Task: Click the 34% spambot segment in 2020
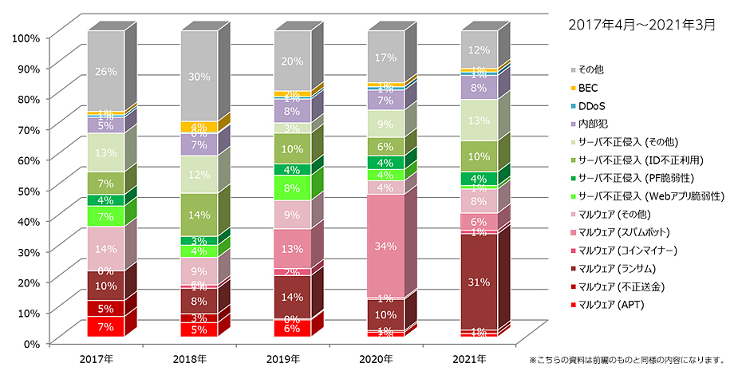pyautogui.click(x=385, y=247)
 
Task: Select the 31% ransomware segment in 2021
pyautogui.click(x=479, y=282)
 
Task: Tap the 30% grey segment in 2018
pyautogui.click(x=199, y=77)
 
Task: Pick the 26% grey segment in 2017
pyautogui.click(x=106, y=71)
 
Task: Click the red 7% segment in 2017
pyautogui.click(x=106, y=327)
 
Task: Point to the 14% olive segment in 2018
pyautogui.click(x=199, y=215)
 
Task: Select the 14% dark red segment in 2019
pyautogui.click(x=293, y=297)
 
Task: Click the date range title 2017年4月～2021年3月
pyautogui.click(x=641, y=24)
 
